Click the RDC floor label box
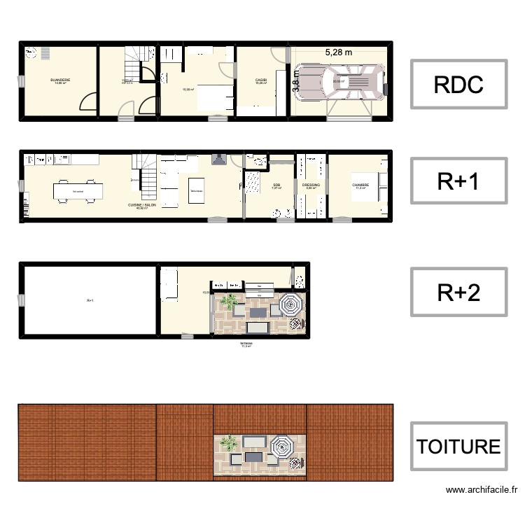458,84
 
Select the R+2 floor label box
458,293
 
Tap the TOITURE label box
458,446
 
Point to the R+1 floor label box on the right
458,181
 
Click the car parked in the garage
340,83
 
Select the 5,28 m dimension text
339,51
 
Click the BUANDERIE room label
60,80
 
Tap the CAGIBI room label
261,80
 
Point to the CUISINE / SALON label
141,205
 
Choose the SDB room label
276,185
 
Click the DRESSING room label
311,185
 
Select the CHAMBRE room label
361,185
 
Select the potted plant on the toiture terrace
228,443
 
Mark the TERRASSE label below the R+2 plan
246,344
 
